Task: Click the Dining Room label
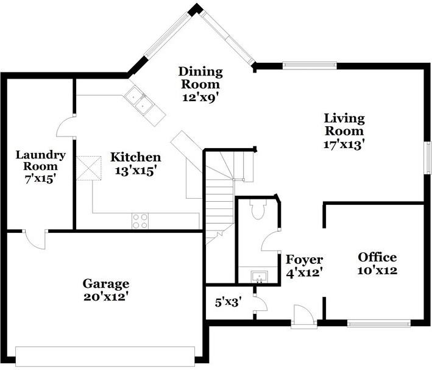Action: click(x=200, y=78)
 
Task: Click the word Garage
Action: click(x=106, y=283)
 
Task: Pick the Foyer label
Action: click(x=304, y=260)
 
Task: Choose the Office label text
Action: click(x=377, y=257)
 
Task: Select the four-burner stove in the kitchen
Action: click(x=140, y=221)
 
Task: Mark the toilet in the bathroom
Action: click(x=257, y=210)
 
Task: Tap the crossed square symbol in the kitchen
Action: click(x=88, y=168)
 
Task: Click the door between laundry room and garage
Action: click(x=35, y=240)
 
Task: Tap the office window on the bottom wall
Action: click(x=379, y=322)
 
